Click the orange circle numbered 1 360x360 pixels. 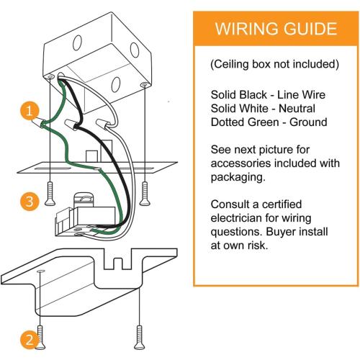[30, 111]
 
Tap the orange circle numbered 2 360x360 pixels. [30, 340]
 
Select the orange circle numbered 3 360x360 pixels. [30, 201]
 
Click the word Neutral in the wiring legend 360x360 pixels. [297, 109]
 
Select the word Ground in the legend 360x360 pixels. [308, 122]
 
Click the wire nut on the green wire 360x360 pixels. [38, 122]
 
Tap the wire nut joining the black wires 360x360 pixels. [71, 125]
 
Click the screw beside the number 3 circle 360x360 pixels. [50, 194]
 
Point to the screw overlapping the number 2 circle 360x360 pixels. [40, 337]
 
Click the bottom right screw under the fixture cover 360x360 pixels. [140, 337]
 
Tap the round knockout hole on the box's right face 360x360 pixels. [135, 50]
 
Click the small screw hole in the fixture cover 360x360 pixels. [40, 271]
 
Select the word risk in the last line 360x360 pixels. [258, 246]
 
